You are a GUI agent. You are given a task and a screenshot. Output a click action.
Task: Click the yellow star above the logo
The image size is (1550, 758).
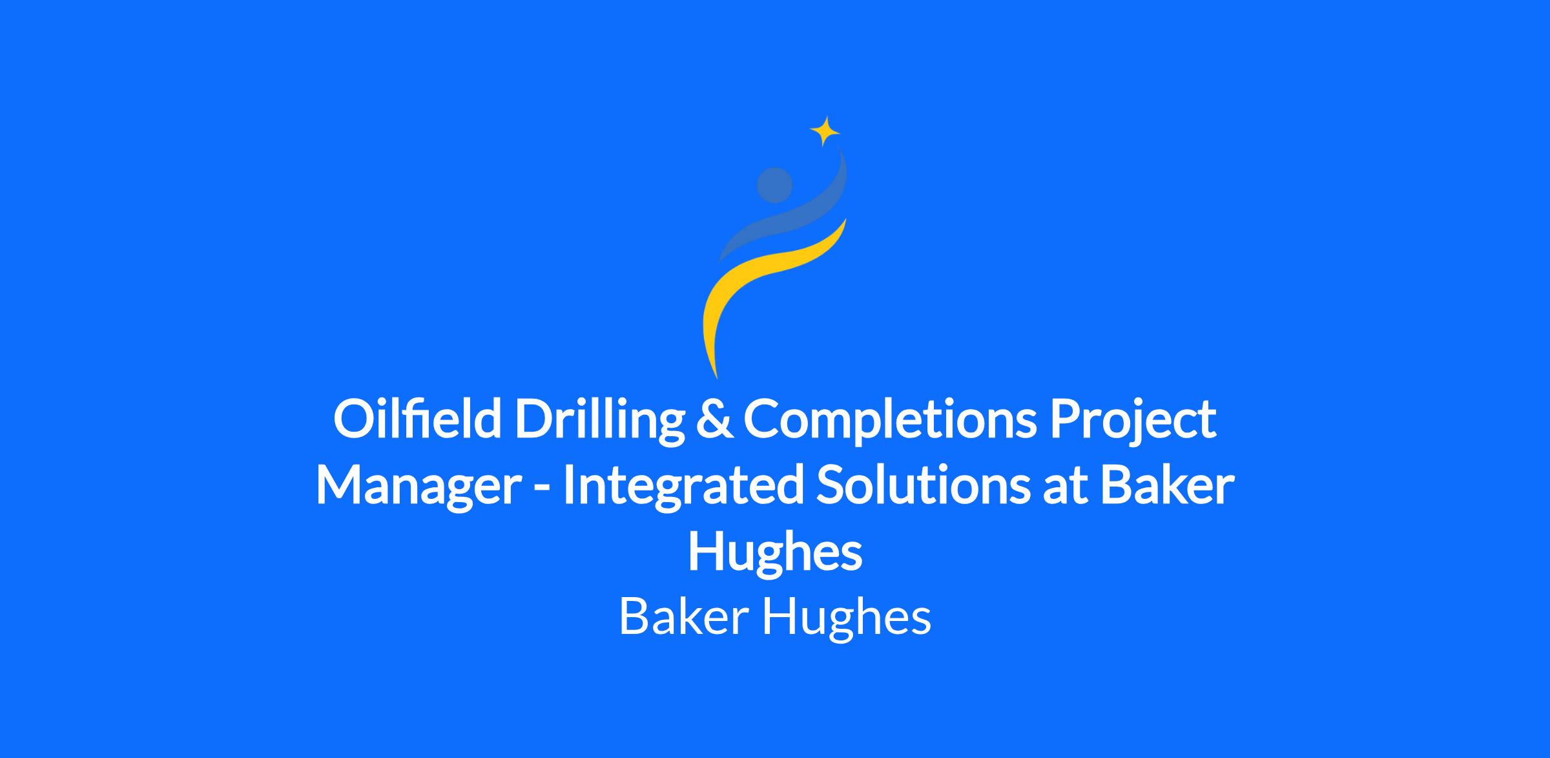[825, 131]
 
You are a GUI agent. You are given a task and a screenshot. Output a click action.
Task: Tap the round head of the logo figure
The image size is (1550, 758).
[774, 185]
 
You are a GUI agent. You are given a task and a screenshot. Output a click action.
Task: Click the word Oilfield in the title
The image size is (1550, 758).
[417, 418]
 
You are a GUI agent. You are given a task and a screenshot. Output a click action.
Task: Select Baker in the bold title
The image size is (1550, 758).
[1167, 487]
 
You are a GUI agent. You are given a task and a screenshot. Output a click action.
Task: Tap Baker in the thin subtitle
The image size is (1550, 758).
[684, 616]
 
